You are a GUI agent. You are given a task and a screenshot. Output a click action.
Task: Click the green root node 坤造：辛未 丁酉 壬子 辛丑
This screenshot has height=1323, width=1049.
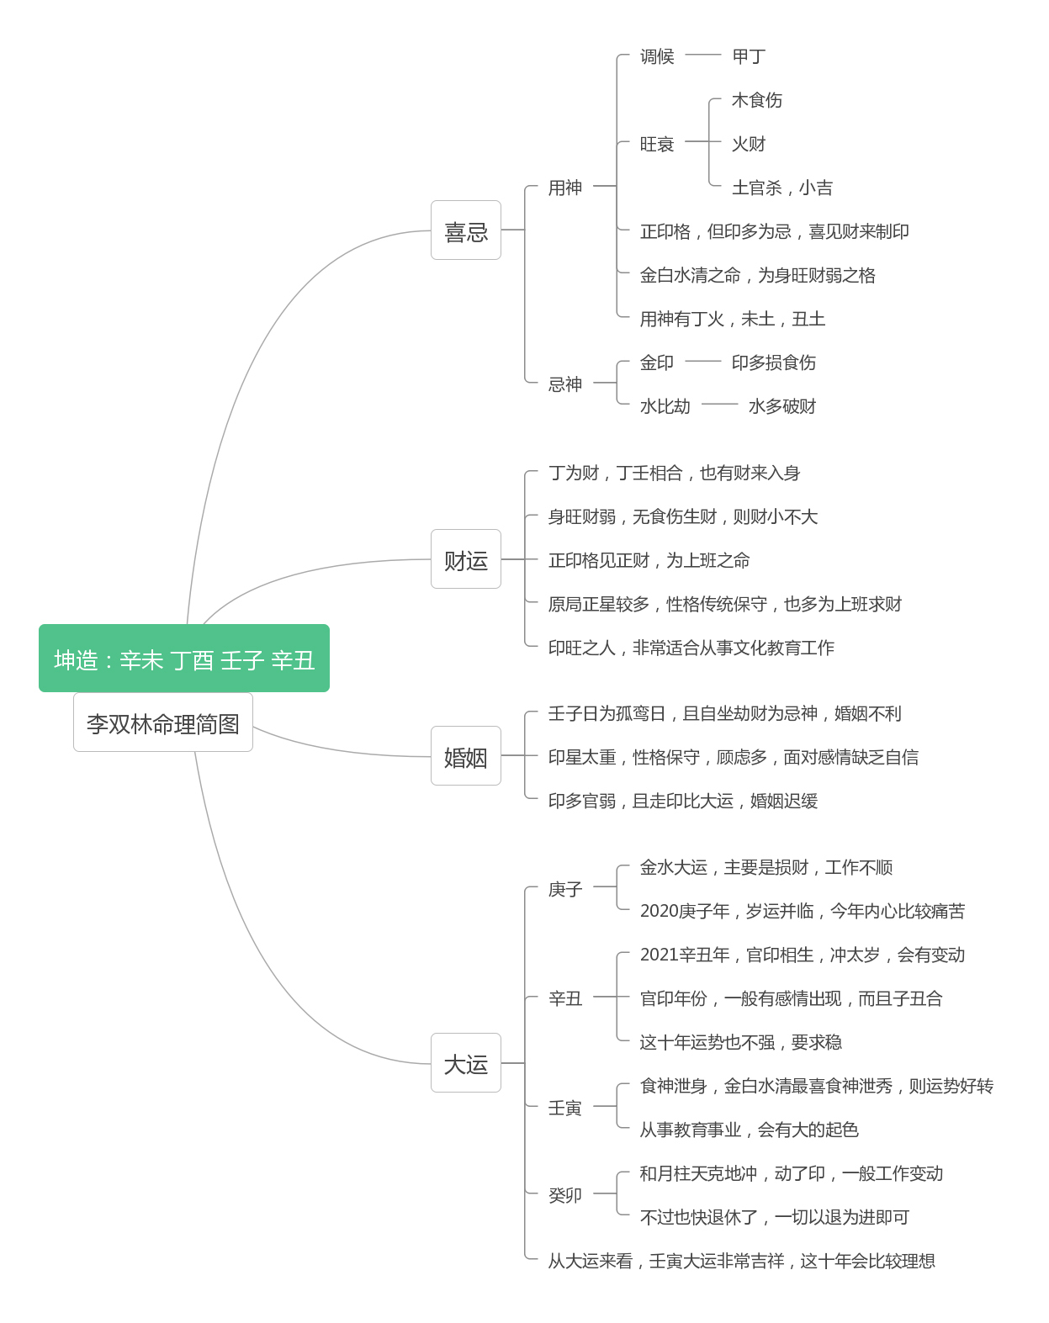(184, 658)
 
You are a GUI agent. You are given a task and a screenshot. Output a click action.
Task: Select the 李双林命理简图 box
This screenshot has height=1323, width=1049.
(163, 722)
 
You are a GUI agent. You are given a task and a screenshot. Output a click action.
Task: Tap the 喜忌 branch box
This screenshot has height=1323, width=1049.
(465, 230)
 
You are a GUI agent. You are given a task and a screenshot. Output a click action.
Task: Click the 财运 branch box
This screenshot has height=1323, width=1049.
(465, 558)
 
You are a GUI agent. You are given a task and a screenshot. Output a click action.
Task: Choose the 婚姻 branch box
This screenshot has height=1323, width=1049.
(465, 755)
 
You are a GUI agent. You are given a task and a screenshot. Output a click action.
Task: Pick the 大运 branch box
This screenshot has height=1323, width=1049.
(465, 1063)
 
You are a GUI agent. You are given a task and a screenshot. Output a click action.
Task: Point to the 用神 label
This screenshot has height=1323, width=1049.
(565, 187)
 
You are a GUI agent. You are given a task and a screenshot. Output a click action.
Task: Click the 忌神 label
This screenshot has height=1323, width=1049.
(565, 384)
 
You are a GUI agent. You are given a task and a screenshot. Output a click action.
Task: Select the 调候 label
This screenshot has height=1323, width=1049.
(657, 56)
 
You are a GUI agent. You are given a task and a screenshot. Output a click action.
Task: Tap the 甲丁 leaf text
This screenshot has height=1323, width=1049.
(749, 56)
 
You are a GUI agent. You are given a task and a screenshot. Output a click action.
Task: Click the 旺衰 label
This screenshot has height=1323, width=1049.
(657, 143)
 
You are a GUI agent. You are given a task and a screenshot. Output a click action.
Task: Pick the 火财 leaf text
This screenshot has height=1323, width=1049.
(749, 143)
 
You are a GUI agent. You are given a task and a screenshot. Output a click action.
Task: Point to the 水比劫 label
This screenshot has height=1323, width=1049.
(665, 405)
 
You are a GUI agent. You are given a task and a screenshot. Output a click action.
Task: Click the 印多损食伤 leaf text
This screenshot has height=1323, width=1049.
(774, 363)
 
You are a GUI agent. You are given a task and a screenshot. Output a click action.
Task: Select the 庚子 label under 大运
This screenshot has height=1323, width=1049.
(565, 889)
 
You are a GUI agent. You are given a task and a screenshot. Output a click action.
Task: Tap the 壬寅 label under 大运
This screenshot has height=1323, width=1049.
(565, 1108)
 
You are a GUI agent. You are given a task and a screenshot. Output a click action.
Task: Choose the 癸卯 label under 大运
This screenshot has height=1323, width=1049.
(565, 1195)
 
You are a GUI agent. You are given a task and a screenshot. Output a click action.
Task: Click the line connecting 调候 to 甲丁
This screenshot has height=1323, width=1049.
(702, 55)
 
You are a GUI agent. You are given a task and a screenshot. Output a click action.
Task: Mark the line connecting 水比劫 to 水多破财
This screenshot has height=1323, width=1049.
(719, 404)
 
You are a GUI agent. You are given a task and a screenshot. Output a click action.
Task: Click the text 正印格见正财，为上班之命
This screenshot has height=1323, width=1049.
(649, 560)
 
